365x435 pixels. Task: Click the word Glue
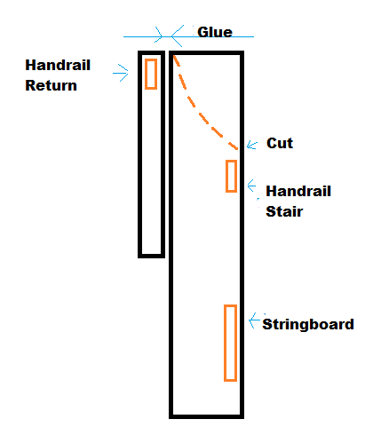(x=215, y=32)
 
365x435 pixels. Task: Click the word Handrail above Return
(x=58, y=65)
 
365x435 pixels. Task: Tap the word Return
(x=51, y=85)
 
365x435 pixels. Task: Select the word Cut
(x=280, y=143)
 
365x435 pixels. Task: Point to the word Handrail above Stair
(x=298, y=191)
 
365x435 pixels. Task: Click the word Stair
(x=284, y=211)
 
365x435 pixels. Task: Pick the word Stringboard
(x=308, y=324)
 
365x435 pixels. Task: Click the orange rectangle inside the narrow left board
(x=146, y=74)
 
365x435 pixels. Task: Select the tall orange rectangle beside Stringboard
(x=225, y=343)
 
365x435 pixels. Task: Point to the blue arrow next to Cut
(x=252, y=145)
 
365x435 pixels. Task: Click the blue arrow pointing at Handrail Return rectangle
(x=121, y=73)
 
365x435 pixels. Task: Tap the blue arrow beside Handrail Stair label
(x=251, y=186)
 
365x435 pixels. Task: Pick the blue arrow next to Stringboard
(x=254, y=320)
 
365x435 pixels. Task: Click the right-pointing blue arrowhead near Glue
(x=159, y=36)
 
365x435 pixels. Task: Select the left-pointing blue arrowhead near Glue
(x=177, y=36)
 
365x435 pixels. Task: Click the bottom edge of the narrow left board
(x=151, y=256)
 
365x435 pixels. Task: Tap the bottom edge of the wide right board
(x=206, y=416)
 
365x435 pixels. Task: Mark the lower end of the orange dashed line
(x=237, y=149)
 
